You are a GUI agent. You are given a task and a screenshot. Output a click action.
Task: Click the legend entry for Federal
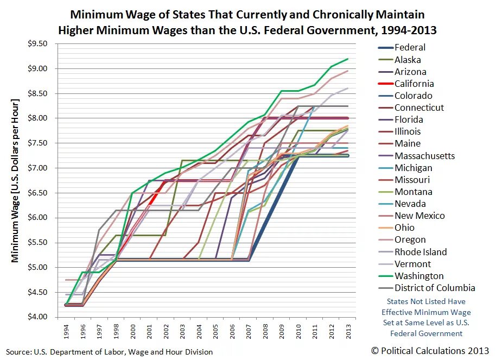(x=410, y=48)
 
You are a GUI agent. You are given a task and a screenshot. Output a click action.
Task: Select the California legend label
(x=414, y=84)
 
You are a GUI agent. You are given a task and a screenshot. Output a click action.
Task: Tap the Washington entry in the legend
(x=419, y=276)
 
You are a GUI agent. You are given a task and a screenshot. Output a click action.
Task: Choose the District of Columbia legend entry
(x=435, y=288)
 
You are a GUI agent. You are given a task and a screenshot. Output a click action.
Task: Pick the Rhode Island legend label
(x=421, y=252)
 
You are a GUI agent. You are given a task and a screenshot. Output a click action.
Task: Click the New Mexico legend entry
(x=419, y=216)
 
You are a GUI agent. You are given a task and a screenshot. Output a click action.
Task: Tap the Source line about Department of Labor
(x=109, y=352)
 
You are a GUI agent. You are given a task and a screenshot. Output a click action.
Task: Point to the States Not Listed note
(x=426, y=318)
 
